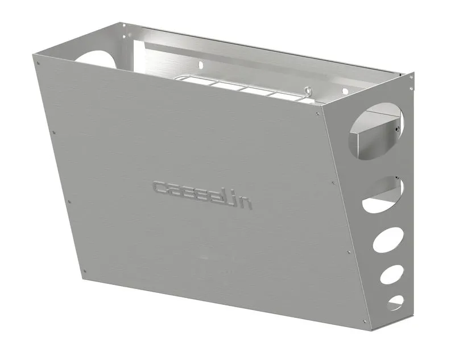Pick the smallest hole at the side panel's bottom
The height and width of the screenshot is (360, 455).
pos(395,301)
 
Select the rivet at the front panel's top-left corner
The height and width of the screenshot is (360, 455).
pos(38,64)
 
